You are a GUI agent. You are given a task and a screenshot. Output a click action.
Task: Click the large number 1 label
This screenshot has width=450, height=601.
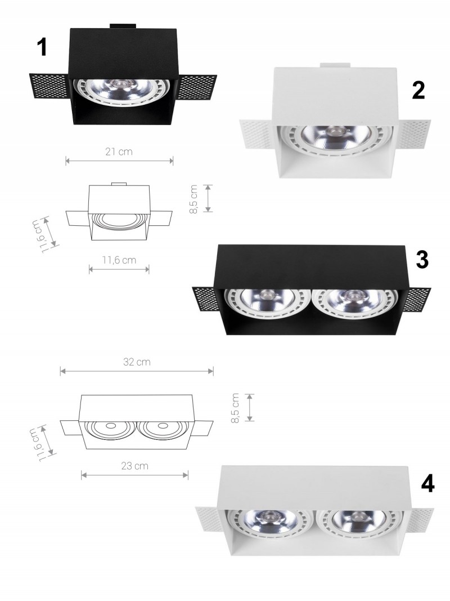point(42,47)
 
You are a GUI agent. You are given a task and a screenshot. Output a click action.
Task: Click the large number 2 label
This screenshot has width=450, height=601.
point(418,91)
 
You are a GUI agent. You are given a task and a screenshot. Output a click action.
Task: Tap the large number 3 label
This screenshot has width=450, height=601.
point(422,259)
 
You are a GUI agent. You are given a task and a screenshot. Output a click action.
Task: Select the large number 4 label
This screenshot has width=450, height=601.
point(428,484)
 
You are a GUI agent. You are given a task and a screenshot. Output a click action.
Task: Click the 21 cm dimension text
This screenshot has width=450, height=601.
point(119,152)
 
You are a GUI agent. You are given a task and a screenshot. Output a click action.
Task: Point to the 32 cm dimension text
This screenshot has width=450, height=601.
point(137,362)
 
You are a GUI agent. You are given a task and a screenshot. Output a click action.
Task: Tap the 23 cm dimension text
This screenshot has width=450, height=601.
point(134,466)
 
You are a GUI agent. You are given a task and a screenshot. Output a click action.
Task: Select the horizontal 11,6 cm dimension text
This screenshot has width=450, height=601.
point(119,260)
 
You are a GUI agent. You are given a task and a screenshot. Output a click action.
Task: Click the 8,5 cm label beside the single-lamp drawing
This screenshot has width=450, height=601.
point(193,199)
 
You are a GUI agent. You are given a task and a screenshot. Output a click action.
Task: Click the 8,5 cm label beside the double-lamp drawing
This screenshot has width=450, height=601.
point(235,408)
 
